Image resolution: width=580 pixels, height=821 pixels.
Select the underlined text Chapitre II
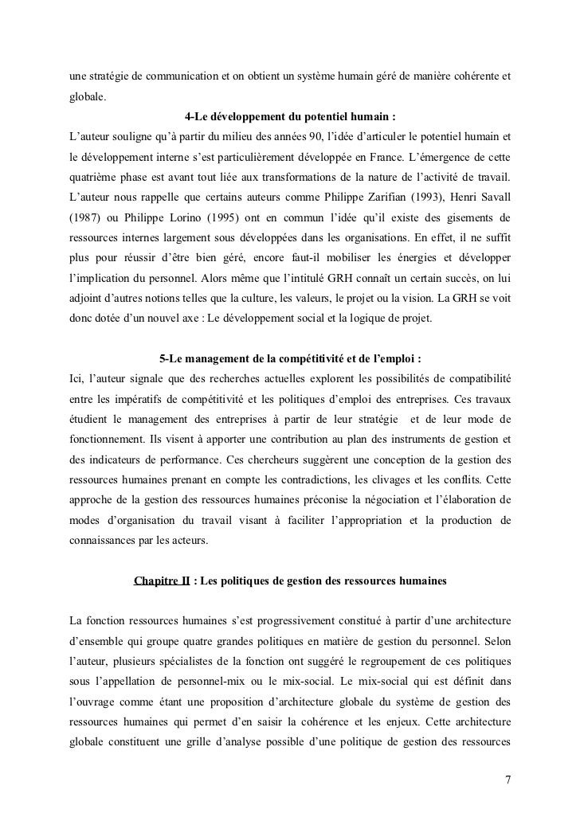point(163,581)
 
